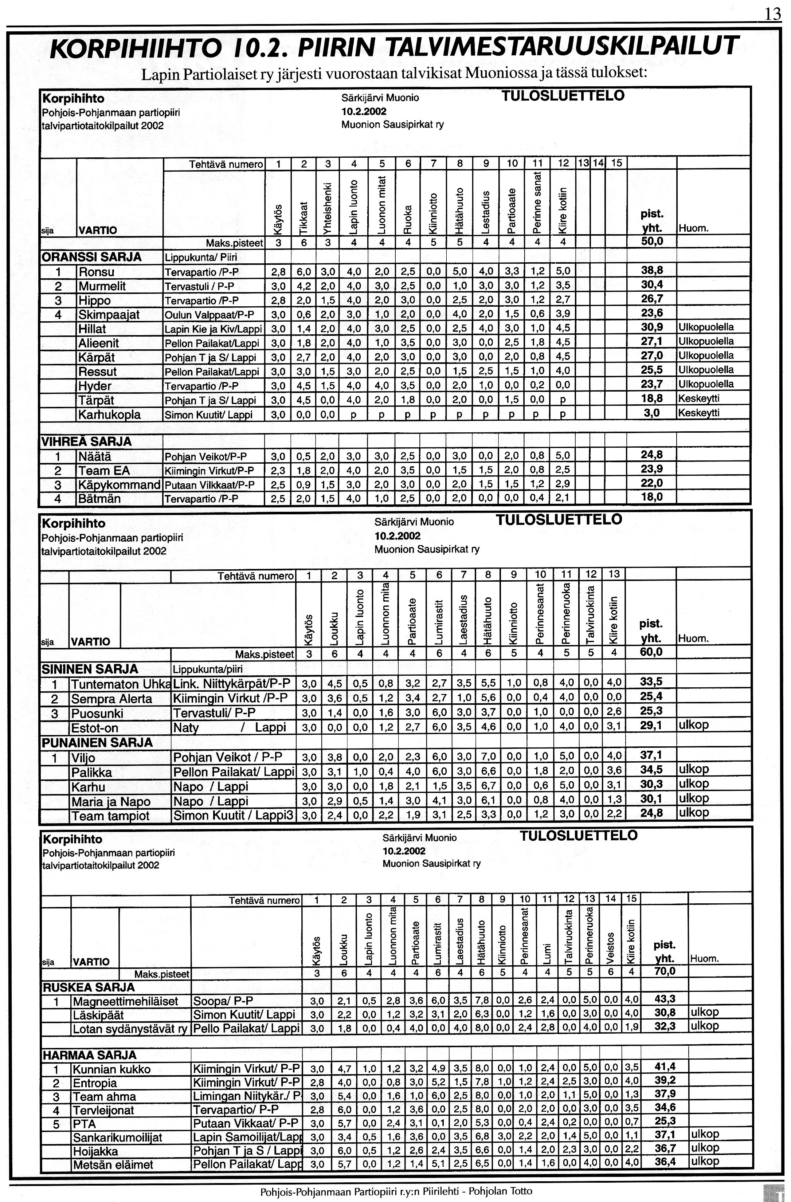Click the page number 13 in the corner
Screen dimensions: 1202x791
point(772,13)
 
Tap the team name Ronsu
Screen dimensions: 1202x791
point(97,272)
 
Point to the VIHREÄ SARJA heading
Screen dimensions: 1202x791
point(86,441)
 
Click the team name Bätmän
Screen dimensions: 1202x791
point(99,499)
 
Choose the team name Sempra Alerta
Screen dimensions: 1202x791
point(111,699)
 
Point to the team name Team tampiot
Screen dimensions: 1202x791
point(111,816)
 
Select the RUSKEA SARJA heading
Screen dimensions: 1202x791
point(89,987)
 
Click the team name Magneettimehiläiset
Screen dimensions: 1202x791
point(125,1002)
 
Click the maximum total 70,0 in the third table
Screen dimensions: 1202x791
point(665,971)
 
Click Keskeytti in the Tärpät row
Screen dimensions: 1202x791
point(699,398)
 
